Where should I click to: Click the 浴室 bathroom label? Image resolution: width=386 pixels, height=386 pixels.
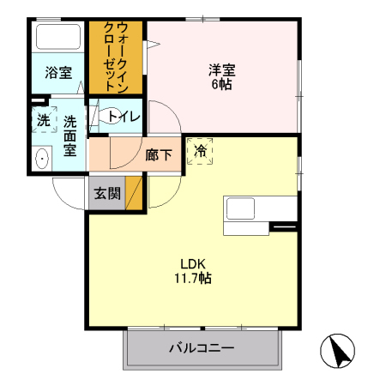click(58, 73)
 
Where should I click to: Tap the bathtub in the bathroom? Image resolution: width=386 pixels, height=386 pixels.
click(58, 39)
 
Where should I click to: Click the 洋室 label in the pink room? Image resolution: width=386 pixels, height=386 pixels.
click(221, 69)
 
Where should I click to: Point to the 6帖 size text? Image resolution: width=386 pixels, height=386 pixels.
click(221, 84)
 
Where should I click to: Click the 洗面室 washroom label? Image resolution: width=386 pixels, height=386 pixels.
click(70, 135)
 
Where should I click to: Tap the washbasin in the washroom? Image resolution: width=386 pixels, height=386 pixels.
click(41, 159)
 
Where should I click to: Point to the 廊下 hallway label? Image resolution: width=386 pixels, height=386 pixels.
click(158, 156)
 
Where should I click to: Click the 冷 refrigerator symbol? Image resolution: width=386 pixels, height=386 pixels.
click(201, 151)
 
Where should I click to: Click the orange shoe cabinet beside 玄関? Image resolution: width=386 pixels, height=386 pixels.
click(135, 192)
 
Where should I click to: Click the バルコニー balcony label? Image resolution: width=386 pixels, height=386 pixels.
click(202, 348)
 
